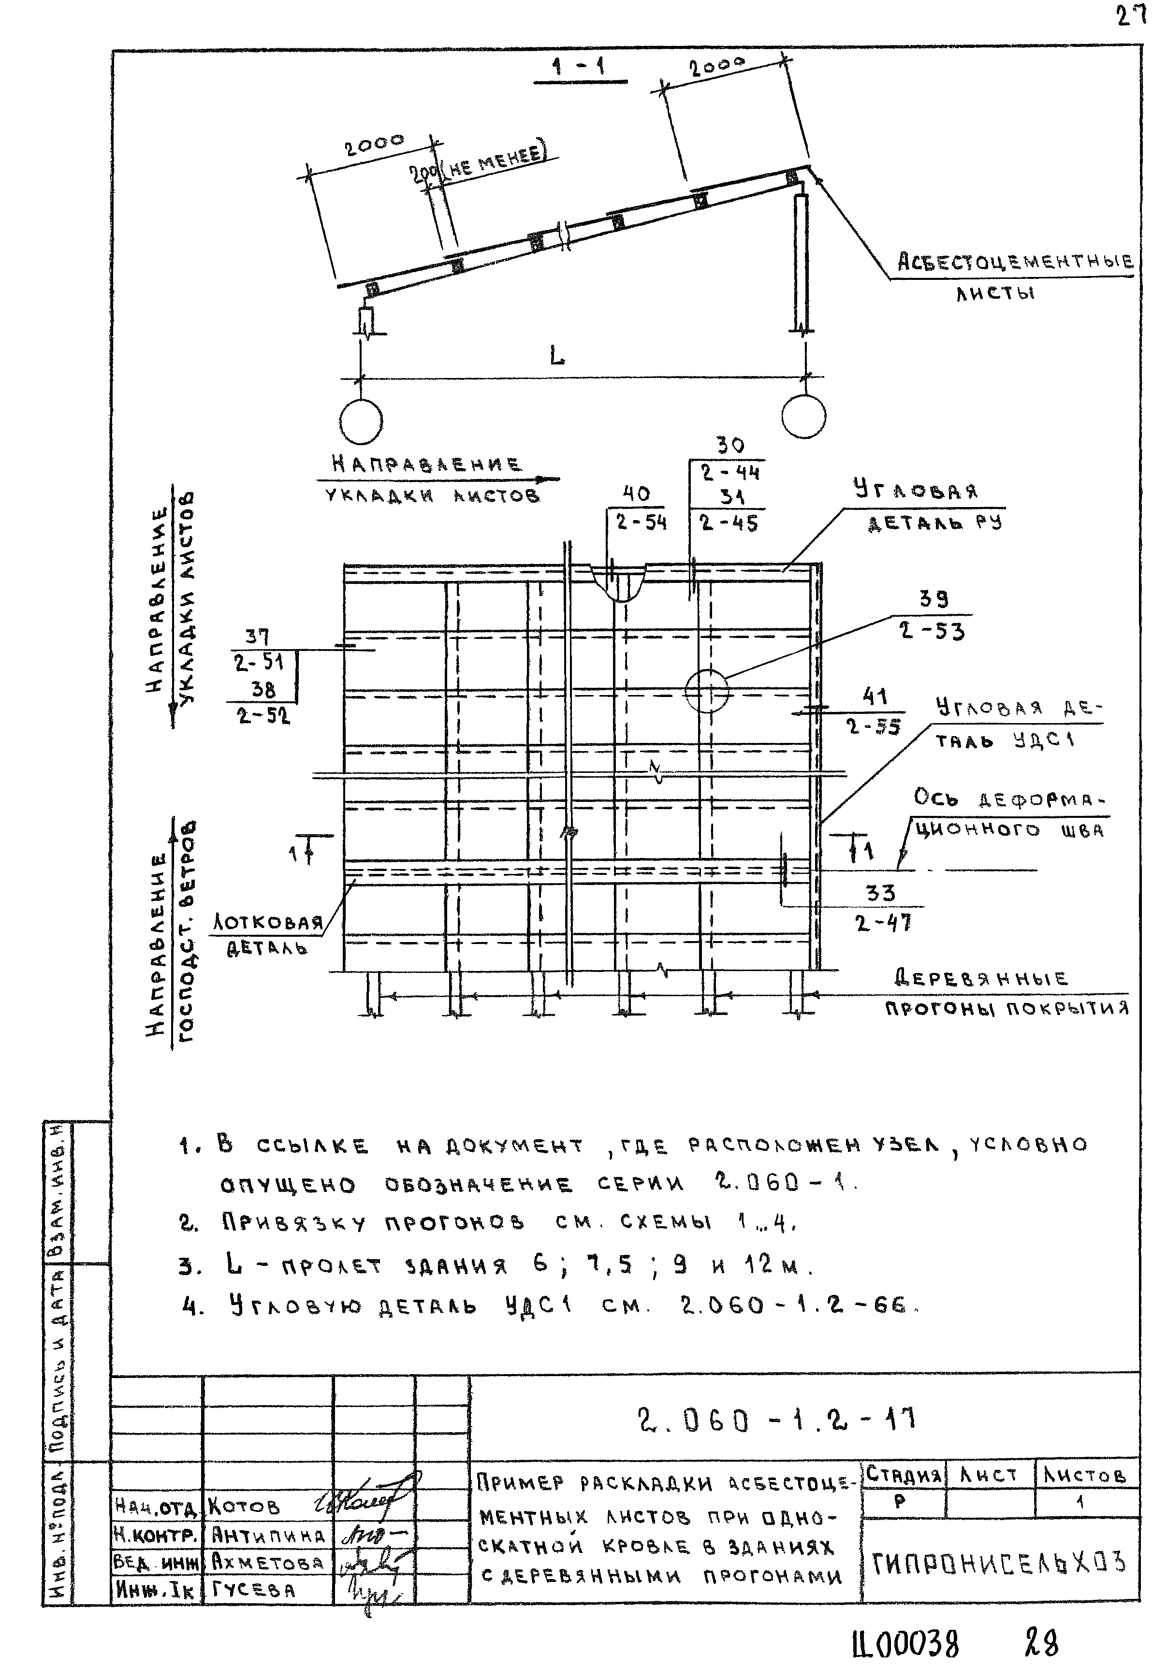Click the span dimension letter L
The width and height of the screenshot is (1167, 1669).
pyautogui.click(x=556, y=356)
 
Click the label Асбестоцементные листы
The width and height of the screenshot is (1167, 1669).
pyautogui.click(x=1014, y=276)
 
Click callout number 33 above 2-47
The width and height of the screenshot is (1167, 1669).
pyautogui.click(x=880, y=893)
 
